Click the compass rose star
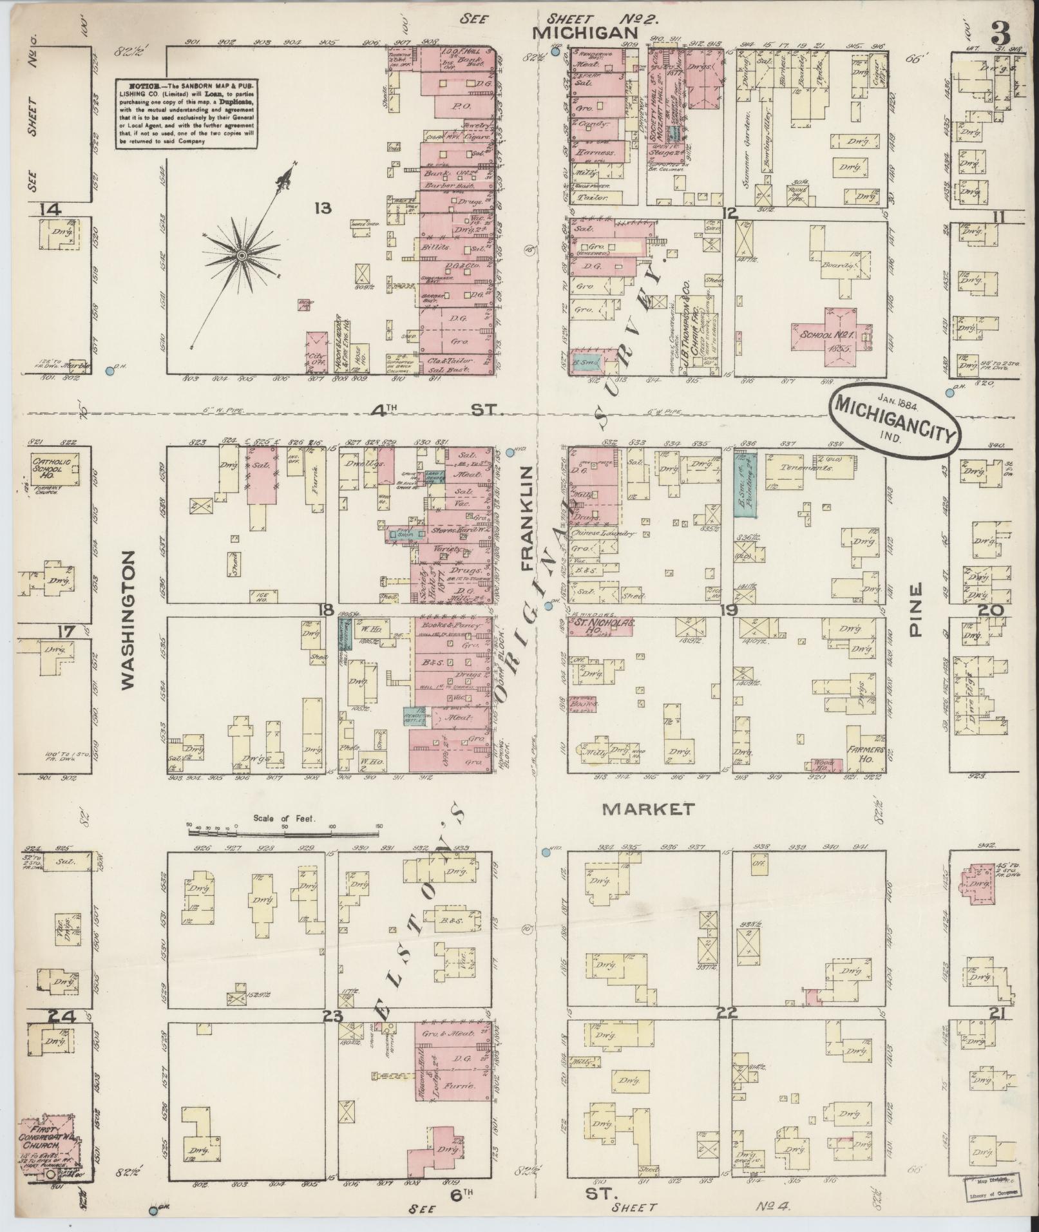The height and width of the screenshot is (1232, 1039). pyautogui.click(x=242, y=256)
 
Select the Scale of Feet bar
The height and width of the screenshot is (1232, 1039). pyautogui.click(x=283, y=832)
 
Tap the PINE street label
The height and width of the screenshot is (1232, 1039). pyautogui.click(x=917, y=609)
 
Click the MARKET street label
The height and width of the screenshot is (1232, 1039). pyautogui.click(x=648, y=810)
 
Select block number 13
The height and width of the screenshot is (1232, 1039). pyautogui.click(x=322, y=208)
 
